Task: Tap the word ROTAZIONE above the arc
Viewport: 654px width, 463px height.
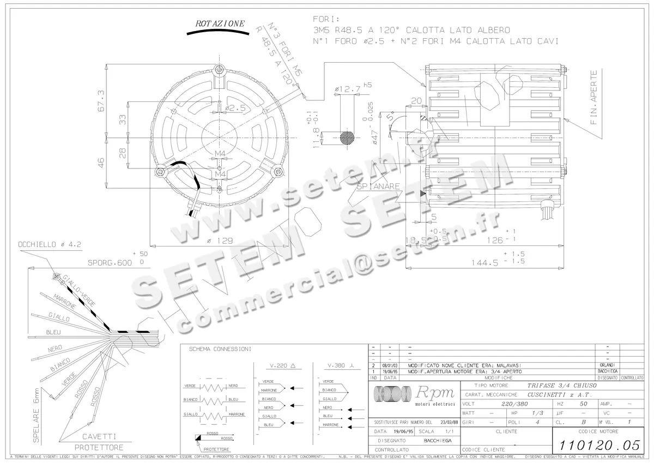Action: pyautogui.click(x=220, y=23)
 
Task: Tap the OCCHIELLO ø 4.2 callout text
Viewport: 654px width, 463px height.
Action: pyautogui.click(x=49, y=245)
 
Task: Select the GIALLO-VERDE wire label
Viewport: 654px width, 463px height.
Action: pyautogui.click(x=78, y=288)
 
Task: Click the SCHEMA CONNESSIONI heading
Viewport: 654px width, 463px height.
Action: pyautogui.click(x=220, y=349)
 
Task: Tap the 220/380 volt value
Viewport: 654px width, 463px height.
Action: pyautogui.click(x=514, y=404)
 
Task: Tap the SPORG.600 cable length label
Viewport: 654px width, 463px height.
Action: pyautogui.click(x=110, y=262)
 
